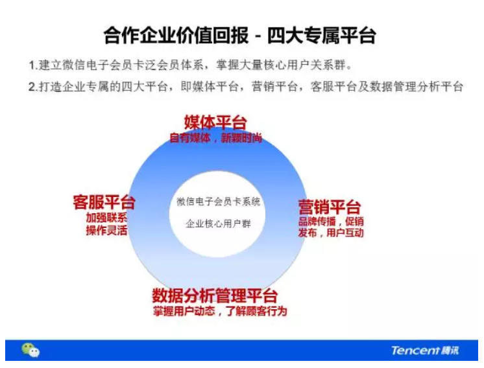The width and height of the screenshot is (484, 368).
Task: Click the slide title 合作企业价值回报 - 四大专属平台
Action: pyautogui.click(x=240, y=36)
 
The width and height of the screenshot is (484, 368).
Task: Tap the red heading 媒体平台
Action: pyautogui.click(x=215, y=122)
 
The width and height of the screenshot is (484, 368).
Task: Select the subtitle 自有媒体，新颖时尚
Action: pyautogui.click(x=216, y=138)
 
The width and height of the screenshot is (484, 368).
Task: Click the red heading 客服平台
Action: pyautogui.click(x=104, y=202)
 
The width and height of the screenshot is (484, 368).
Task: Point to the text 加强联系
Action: pyautogui.click(x=106, y=218)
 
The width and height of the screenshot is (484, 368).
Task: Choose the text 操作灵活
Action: pyautogui.click(x=106, y=230)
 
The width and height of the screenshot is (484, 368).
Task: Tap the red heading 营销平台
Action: pyautogui.click(x=330, y=207)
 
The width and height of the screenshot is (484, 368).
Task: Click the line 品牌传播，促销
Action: pyautogui.click(x=331, y=222)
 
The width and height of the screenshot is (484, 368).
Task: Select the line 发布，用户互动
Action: pyautogui.click(x=331, y=233)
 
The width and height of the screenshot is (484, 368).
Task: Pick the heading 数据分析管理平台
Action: pyautogui.click(x=215, y=295)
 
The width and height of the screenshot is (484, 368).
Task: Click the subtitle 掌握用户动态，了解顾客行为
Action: pyautogui.click(x=220, y=311)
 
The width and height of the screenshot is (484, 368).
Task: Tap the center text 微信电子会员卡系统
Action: pyautogui.click(x=218, y=201)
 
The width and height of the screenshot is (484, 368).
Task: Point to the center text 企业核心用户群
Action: pyautogui.click(x=218, y=224)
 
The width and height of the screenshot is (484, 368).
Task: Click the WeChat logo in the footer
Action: pyautogui.click(x=30, y=350)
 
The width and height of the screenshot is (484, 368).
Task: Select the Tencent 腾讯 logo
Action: pyautogui.click(x=425, y=351)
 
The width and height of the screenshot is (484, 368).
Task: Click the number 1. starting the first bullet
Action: pyautogui.click(x=33, y=65)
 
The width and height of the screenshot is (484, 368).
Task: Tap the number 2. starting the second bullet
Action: pyautogui.click(x=33, y=87)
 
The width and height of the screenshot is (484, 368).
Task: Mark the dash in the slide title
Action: pyautogui.click(x=258, y=36)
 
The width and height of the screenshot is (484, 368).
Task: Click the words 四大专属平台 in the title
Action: pyautogui.click(x=322, y=36)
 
